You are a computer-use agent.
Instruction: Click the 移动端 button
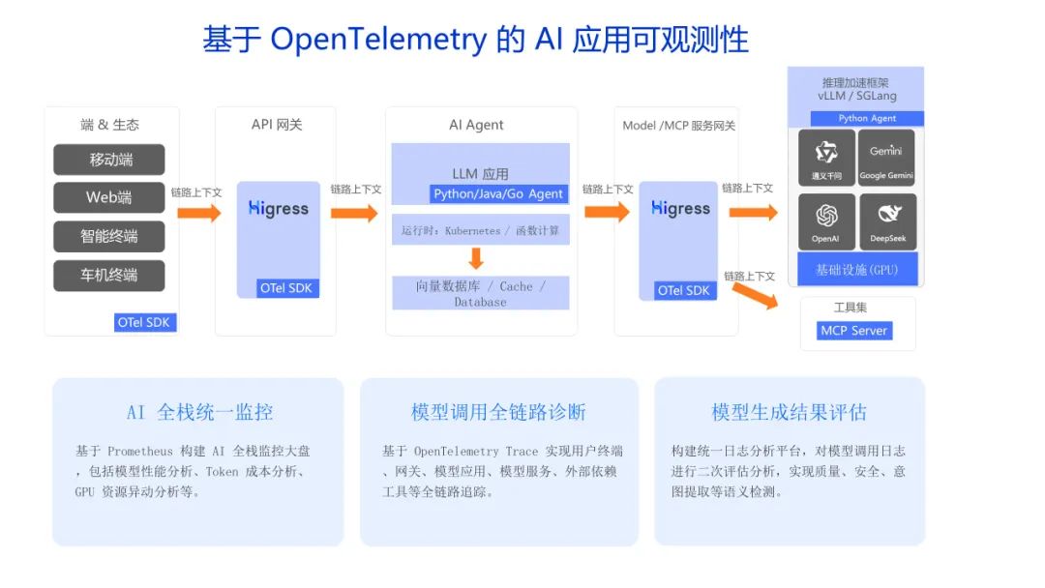point(108,160)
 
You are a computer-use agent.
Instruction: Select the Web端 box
point(108,197)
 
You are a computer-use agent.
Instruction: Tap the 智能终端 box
point(108,237)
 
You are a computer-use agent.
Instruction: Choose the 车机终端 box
point(108,276)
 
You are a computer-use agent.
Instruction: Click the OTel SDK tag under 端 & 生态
point(145,323)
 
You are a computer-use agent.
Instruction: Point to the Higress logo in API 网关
point(278,209)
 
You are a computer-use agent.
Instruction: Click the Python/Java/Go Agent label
point(498,193)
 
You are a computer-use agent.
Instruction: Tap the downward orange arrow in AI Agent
point(475,258)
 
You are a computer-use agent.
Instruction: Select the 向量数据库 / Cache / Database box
point(480,293)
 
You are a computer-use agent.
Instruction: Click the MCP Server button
point(853,331)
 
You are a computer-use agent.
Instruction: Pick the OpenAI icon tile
point(826,221)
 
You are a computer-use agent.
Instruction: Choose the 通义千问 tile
point(826,158)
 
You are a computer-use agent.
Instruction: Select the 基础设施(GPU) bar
point(856,269)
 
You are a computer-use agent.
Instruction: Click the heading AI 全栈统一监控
point(199,412)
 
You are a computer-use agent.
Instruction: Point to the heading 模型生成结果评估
point(789,412)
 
